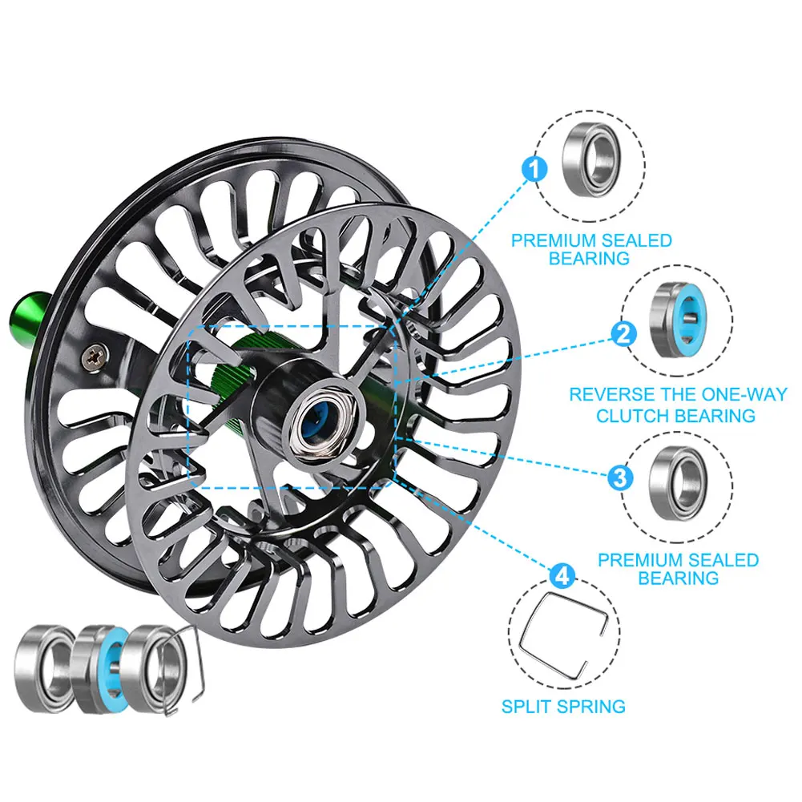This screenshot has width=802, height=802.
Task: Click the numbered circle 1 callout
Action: tap(534, 169)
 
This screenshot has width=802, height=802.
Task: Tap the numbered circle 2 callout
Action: tap(624, 336)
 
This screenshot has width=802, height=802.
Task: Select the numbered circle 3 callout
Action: tap(620, 478)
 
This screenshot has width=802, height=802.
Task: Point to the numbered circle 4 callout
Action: tap(562, 576)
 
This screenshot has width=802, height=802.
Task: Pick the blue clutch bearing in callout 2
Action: tap(679, 320)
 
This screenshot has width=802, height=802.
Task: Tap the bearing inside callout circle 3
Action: tap(679, 483)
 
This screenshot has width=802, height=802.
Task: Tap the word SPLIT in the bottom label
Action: tap(527, 707)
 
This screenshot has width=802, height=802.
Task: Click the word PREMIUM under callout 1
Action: tap(554, 240)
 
